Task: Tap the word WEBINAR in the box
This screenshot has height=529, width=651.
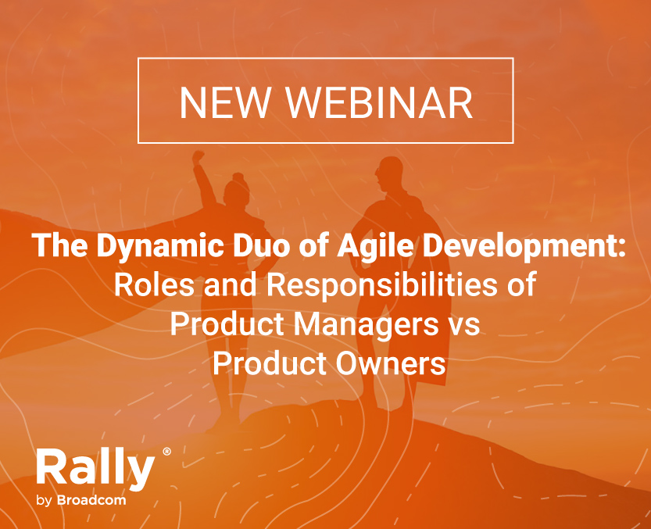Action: tap(379, 102)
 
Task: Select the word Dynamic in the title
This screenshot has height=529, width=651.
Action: tap(160, 246)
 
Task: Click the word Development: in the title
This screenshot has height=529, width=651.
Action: tap(524, 246)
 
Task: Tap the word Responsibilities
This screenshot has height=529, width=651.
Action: tap(381, 285)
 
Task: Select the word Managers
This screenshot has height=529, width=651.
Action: tap(367, 325)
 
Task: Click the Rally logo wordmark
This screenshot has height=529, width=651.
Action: tap(95, 468)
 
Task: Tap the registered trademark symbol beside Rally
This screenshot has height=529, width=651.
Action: tap(166, 452)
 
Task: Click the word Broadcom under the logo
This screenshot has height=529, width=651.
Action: tap(91, 500)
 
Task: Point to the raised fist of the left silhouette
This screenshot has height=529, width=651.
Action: tap(199, 157)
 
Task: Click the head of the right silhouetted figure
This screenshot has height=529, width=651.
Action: tap(389, 174)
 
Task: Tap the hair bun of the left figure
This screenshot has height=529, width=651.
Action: tap(238, 177)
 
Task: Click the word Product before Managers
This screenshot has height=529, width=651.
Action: tap(227, 324)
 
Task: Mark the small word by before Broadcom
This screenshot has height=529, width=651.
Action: tap(44, 501)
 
